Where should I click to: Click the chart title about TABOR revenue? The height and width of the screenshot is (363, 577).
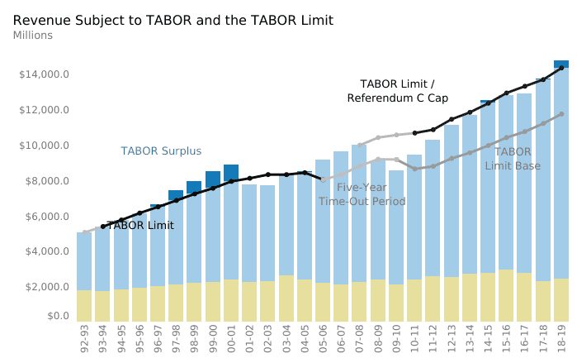(x=173, y=20)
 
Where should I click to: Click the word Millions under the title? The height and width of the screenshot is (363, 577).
(x=33, y=36)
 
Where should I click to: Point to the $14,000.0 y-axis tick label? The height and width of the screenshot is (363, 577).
(x=44, y=75)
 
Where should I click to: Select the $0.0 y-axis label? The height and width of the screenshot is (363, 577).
(x=57, y=316)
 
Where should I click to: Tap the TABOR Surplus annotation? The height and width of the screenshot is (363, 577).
(x=161, y=151)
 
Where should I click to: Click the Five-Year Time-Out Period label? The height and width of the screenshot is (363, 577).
(x=362, y=194)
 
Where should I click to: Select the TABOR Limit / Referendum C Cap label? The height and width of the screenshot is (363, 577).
(x=397, y=91)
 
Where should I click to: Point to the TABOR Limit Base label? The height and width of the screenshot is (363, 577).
(x=513, y=159)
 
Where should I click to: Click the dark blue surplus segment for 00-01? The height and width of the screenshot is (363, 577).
(x=231, y=172)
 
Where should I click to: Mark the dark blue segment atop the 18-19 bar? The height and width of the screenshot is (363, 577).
(x=561, y=64)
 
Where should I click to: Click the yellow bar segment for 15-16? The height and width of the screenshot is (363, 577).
(x=506, y=295)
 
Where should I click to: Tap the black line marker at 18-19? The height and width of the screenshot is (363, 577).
(x=561, y=68)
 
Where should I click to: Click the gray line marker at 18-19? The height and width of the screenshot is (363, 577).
(x=561, y=114)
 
